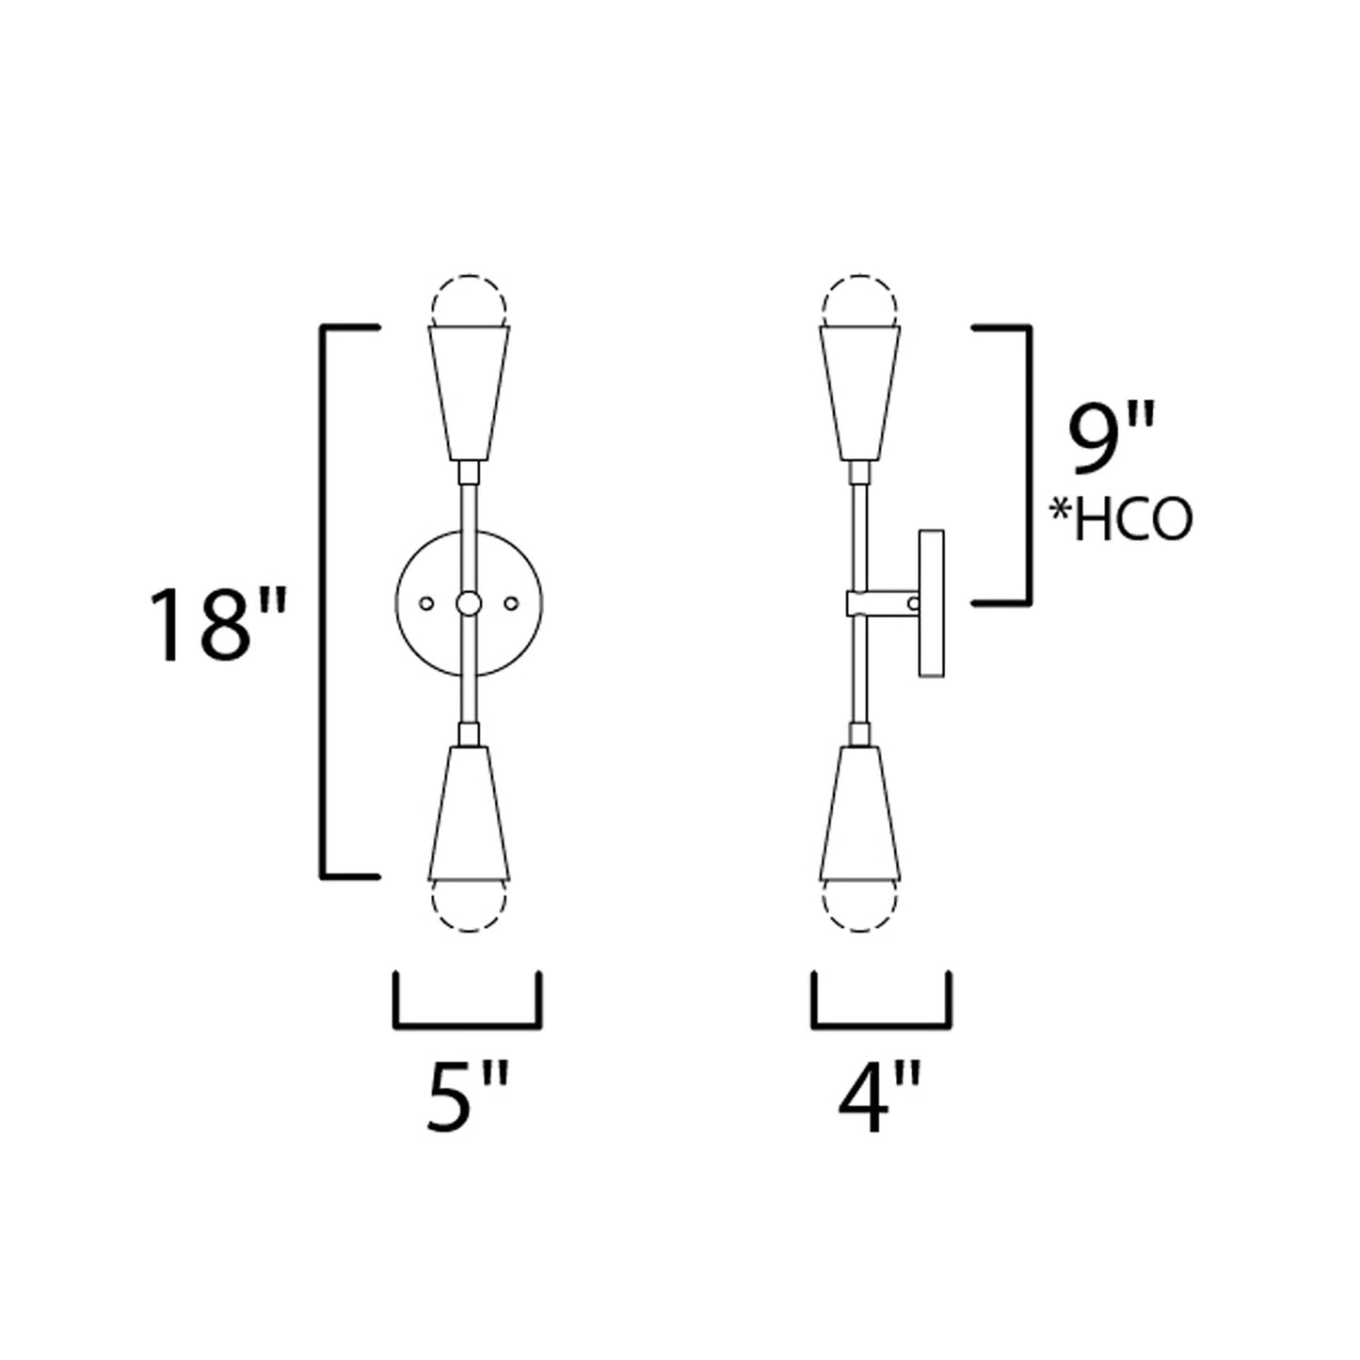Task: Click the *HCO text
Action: [x=1120, y=520]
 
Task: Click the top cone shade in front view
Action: [x=470, y=391]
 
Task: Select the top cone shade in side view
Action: [x=861, y=391]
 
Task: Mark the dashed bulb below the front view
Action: [x=470, y=906]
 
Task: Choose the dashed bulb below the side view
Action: [x=861, y=906]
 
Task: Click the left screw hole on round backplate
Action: [x=425, y=602]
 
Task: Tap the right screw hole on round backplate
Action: [x=513, y=602]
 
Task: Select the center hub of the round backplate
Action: [x=470, y=602]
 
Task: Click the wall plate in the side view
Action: [x=931, y=602]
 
